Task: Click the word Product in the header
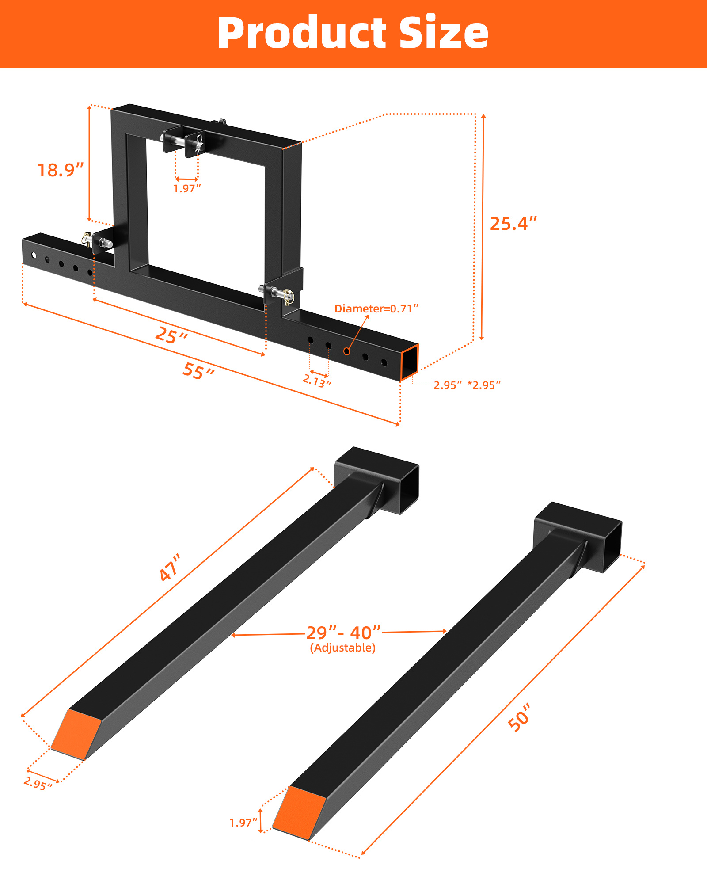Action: pyautogui.click(x=303, y=33)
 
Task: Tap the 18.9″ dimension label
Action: pyautogui.click(x=60, y=170)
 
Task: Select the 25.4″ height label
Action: pyautogui.click(x=513, y=224)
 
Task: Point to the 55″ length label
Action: pyautogui.click(x=198, y=371)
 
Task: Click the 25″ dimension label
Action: pyautogui.click(x=171, y=335)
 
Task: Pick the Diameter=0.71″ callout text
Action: pyautogui.click(x=376, y=309)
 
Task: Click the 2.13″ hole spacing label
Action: pyautogui.click(x=317, y=381)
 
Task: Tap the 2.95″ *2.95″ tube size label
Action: pyautogui.click(x=467, y=385)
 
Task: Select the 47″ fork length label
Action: pyautogui.click(x=170, y=568)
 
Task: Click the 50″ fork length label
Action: pyautogui.click(x=519, y=717)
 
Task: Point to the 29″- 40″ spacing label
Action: pyautogui.click(x=343, y=633)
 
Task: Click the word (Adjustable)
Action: pyautogui.click(x=343, y=648)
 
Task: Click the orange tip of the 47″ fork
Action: pyautogui.click(x=76, y=734)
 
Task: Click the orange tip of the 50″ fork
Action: pyautogui.click(x=299, y=812)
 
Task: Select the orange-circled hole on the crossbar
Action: pyautogui.click(x=347, y=351)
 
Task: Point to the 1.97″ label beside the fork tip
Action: pyautogui.click(x=243, y=823)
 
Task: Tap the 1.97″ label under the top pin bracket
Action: pyautogui.click(x=187, y=189)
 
